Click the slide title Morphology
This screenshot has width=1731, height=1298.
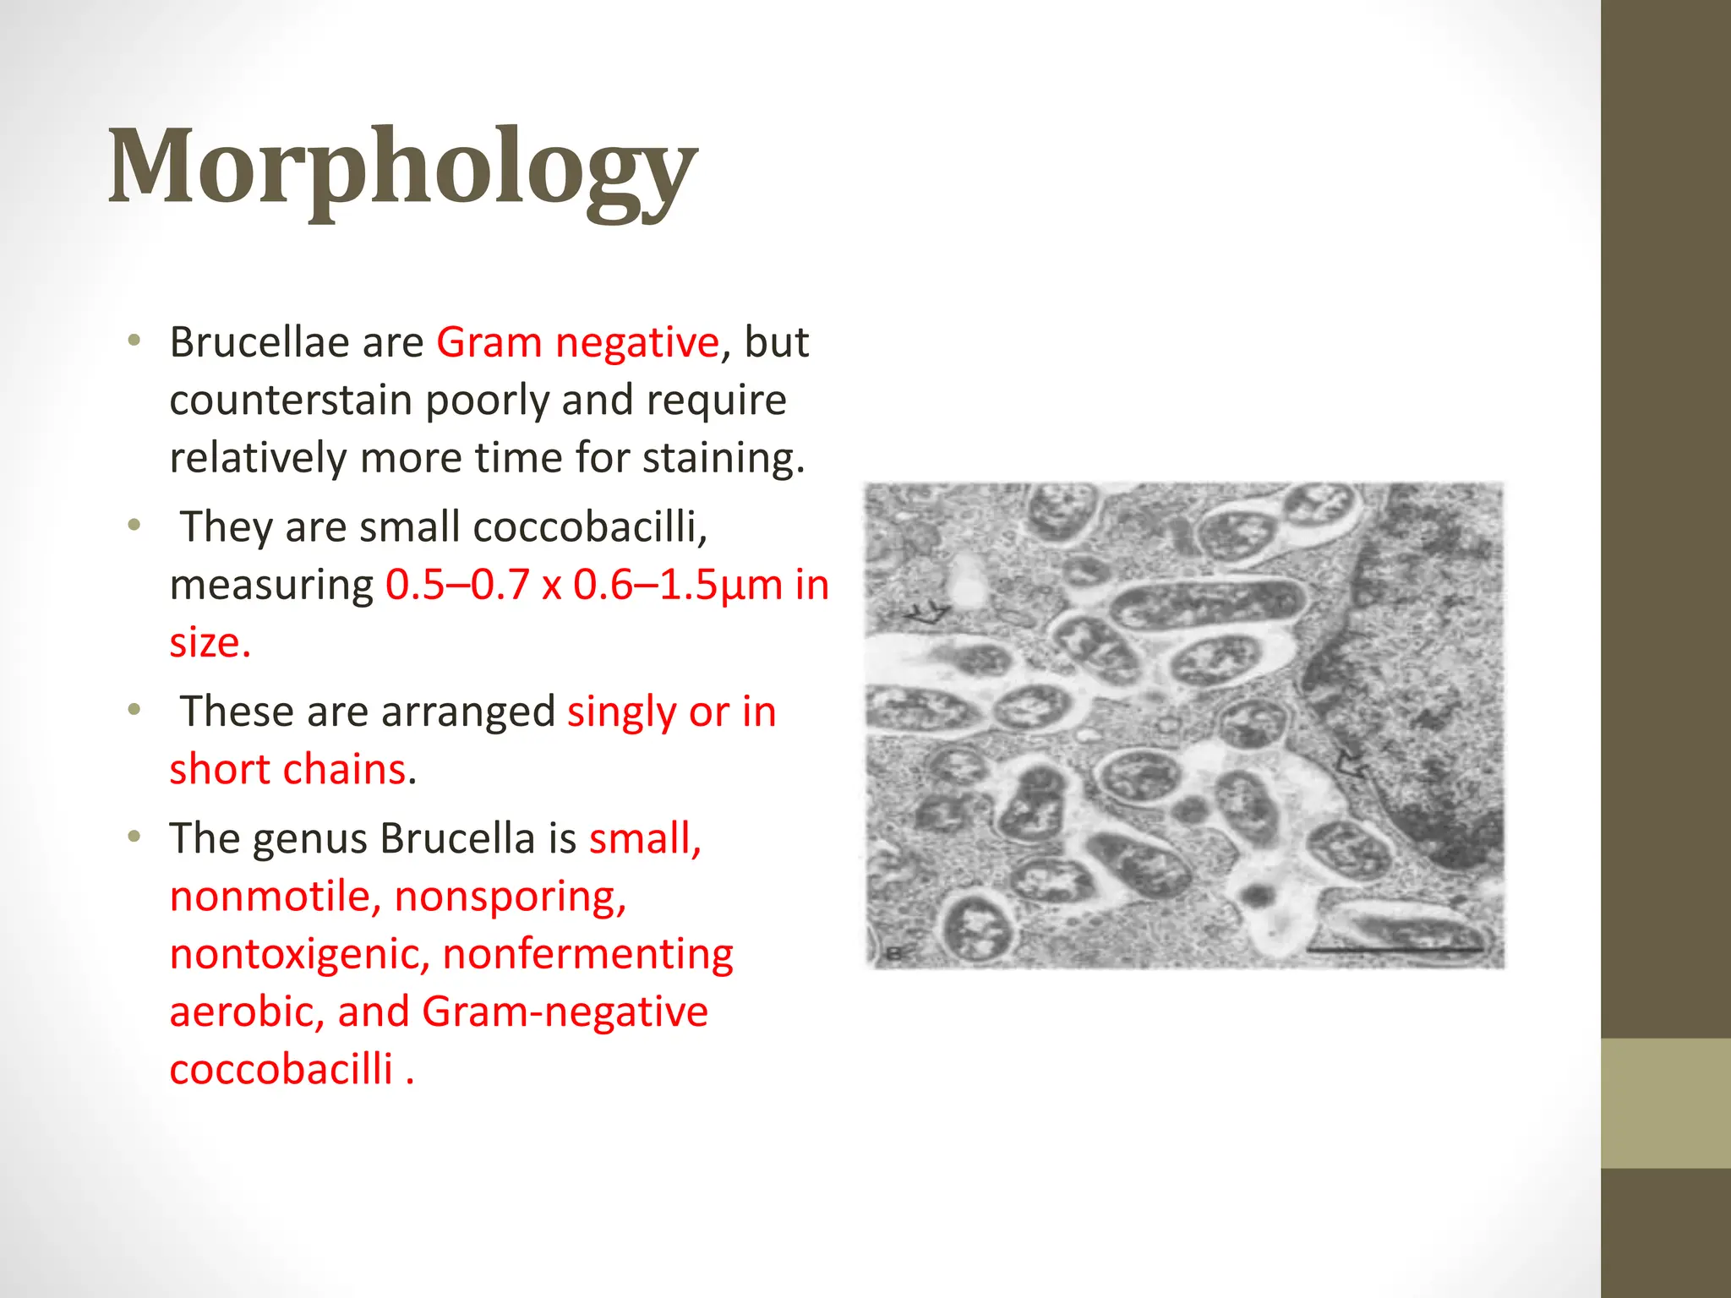click(402, 169)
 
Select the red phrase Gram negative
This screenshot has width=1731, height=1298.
click(577, 343)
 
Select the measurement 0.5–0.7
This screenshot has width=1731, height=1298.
click(457, 585)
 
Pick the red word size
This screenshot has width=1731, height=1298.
click(208, 642)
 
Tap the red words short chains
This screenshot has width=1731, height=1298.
click(287, 769)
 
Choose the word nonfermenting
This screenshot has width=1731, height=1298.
click(587, 954)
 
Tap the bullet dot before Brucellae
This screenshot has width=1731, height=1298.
click(134, 341)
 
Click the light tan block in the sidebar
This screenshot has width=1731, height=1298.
click(1665, 1103)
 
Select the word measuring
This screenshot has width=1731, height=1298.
click(271, 585)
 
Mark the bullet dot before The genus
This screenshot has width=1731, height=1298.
click(134, 837)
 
